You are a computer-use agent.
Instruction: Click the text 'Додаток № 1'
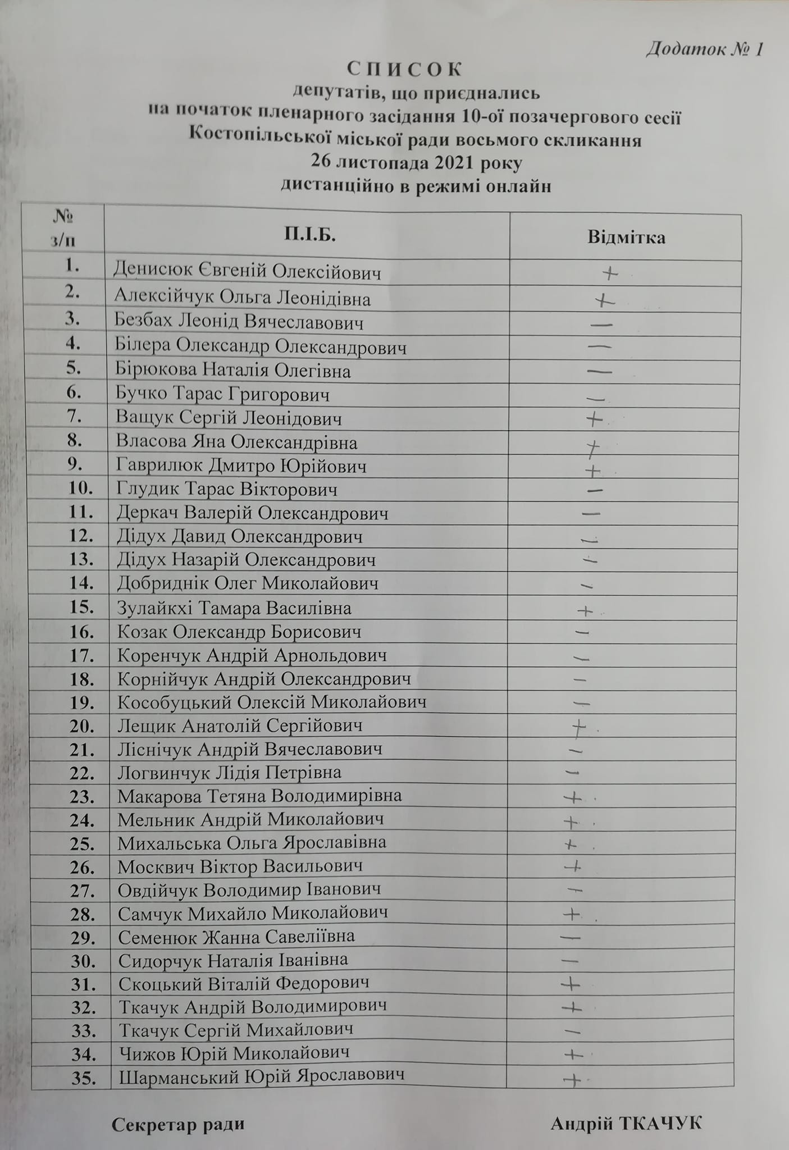(705, 49)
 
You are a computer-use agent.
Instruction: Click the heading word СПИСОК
(404, 69)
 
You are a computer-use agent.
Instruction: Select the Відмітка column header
(626, 237)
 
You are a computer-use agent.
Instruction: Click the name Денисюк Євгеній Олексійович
(247, 272)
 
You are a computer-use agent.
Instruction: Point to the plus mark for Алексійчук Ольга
(605, 301)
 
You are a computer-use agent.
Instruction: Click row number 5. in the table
(74, 368)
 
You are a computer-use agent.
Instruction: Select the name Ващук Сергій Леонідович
(229, 418)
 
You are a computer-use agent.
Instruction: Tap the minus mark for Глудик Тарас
(594, 490)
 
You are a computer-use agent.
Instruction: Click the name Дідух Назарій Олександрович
(246, 560)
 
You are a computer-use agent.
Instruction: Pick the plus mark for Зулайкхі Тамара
(585, 610)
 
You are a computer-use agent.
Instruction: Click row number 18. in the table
(81, 679)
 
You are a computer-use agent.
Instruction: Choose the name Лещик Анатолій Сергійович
(240, 726)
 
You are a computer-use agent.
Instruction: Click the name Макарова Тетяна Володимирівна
(259, 796)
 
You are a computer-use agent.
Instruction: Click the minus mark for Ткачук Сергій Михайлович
(572, 1031)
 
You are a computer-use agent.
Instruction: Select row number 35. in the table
(83, 1078)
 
